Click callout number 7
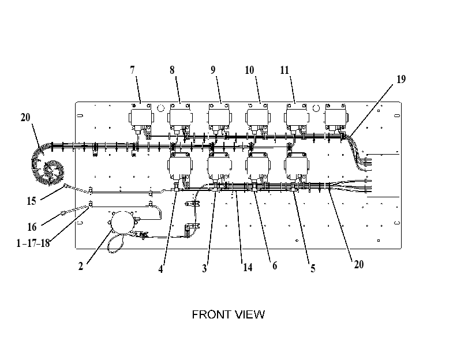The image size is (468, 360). click(133, 70)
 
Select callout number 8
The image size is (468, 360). click(172, 70)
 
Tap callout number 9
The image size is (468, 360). click(213, 70)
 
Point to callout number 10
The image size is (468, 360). click(249, 70)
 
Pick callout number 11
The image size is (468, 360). click(284, 70)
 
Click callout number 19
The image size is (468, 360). click(401, 79)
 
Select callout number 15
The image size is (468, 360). click(31, 201)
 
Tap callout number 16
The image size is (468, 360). click(32, 227)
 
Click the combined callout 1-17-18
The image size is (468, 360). click(33, 243)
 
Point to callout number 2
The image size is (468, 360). click(81, 266)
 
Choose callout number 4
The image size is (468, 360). click(160, 269)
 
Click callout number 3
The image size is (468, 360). click(204, 268)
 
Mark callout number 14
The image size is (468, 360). click(248, 267)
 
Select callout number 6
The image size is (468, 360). click(275, 265)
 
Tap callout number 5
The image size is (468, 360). click(313, 268)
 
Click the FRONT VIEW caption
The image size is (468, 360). click(229, 314)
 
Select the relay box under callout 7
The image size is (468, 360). click(141, 117)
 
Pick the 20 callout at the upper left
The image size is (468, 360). click(25, 117)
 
